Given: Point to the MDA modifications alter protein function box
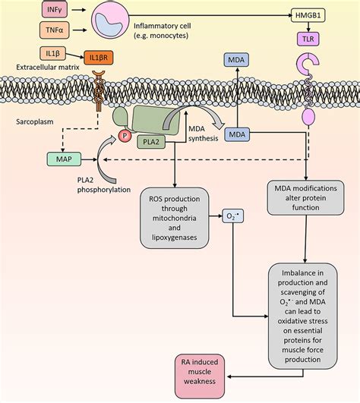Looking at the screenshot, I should [306, 199].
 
